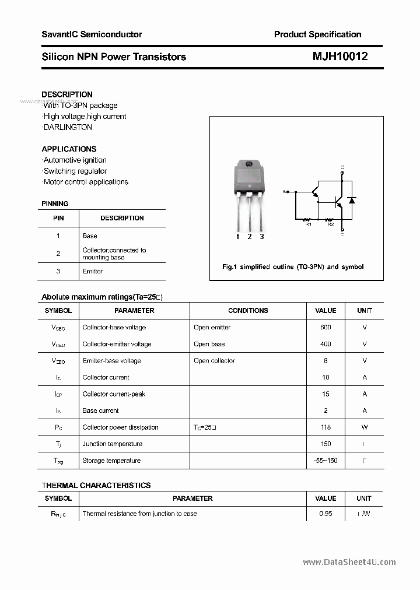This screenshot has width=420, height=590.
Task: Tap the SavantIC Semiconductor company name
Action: pyautogui.click(x=92, y=34)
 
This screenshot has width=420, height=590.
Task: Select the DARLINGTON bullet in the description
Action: pyautogui.click(x=67, y=127)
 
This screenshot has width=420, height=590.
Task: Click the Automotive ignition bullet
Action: pyautogui.click(x=75, y=160)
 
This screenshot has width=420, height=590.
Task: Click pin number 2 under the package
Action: pyautogui.click(x=250, y=236)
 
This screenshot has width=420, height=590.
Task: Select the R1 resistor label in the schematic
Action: pyautogui.click(x=309, y=224)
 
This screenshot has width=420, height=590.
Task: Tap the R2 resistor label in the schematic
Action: pyautogui.click(x=330, y=224)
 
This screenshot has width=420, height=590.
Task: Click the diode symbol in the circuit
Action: pyautogui.click(x=351, y=200)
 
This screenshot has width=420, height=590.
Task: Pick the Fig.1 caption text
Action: pyautogui.click(x=293, y=266)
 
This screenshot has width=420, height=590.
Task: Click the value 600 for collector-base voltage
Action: pyautogui.click(x=325, y=328)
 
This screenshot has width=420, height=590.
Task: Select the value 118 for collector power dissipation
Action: pyautogui.click(x=325, y=427)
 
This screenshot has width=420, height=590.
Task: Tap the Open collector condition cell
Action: pyautogui.click(x=214, y=361)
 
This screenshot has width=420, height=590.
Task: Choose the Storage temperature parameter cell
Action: pyautogui.click(x=111, y=461)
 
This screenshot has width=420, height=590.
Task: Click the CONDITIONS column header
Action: pyautogui.click(x=248, y=311)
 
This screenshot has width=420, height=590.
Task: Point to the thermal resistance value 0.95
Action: pyautogui.click(x=325, y=514)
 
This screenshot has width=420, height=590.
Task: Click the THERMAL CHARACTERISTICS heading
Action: pyautogui.click(x=96, y=485)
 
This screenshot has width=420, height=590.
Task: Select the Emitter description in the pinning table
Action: pyautogui.click(x=93, y=271)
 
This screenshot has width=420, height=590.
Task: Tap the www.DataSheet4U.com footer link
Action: pyautogui.click(x=349, y=562)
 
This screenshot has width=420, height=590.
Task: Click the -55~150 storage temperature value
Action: pyautogui.click(x=325, y=461)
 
